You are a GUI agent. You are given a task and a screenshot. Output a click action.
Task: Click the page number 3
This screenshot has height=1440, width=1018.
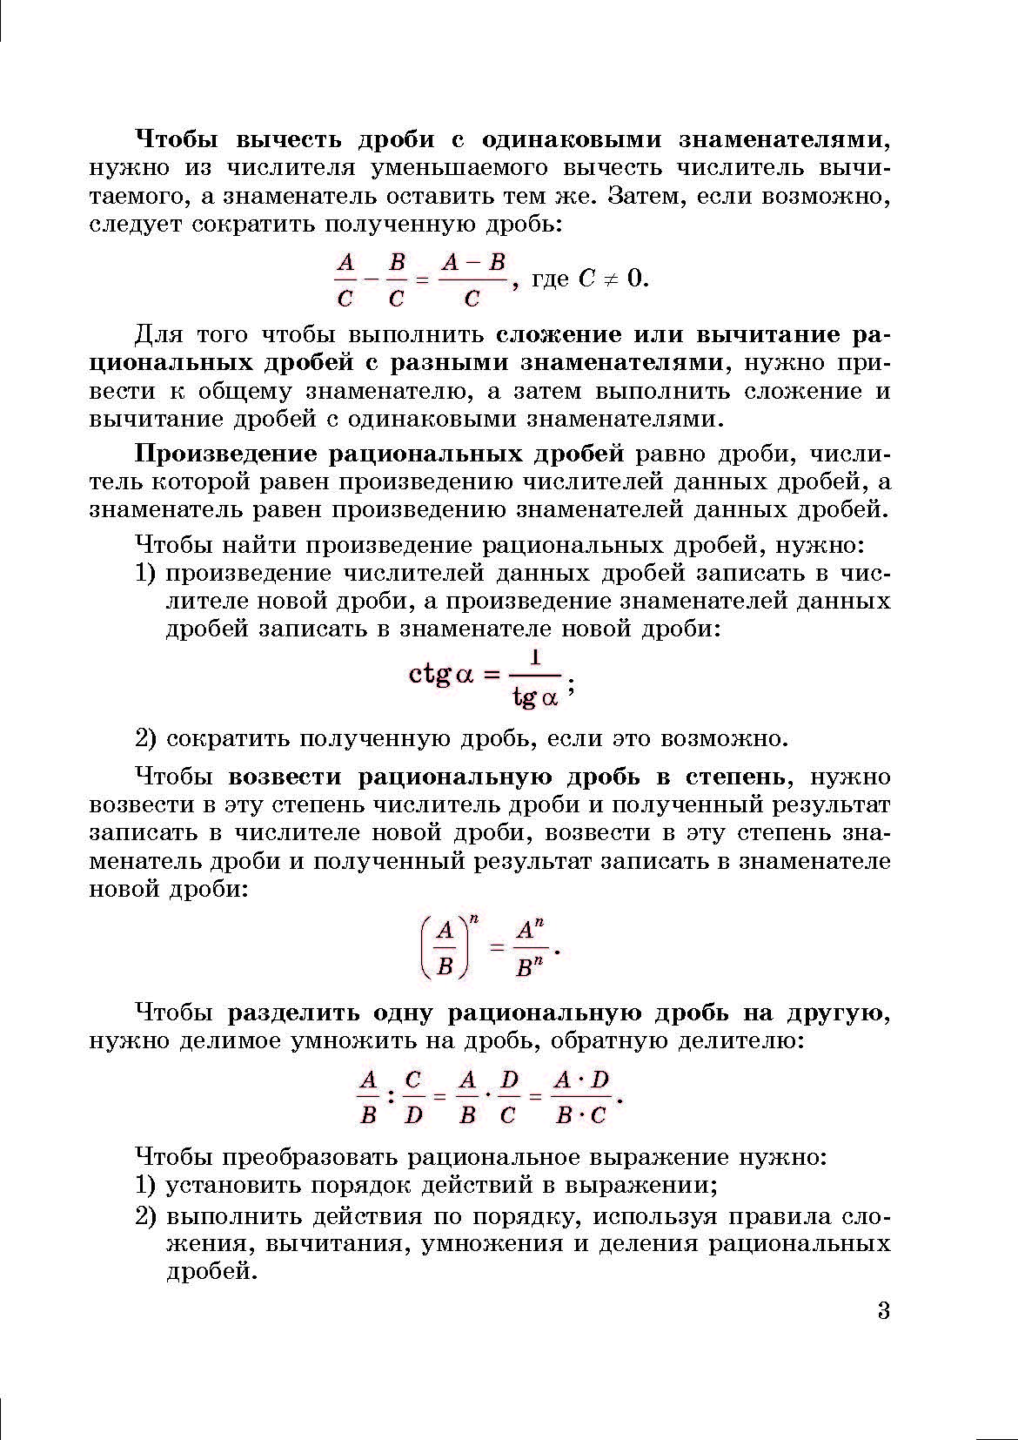[x=883, y=1311]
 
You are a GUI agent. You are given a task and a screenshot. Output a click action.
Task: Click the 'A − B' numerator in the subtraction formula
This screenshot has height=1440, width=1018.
[x=472, y=261]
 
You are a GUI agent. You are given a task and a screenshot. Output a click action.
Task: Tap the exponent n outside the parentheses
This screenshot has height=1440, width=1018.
[x=474, y=916]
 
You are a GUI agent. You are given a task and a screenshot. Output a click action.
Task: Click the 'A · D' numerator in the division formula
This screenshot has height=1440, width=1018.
[x=582, y=1080]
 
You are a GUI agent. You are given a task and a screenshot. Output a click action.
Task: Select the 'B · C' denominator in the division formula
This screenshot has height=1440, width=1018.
[x=581, y=1115]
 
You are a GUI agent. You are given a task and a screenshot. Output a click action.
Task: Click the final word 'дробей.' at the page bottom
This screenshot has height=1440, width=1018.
[x=212, y=1272]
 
